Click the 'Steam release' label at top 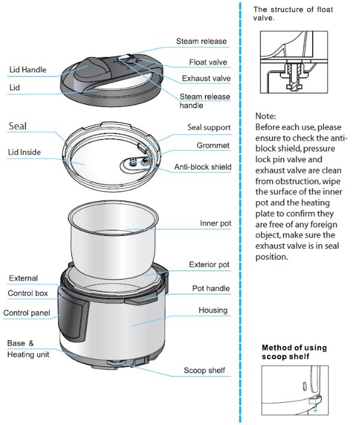coord(201,41)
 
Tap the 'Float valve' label coord(208,62)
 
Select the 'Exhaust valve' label coord(207,78)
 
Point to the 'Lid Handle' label coord(28,70)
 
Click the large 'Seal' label coord(18,126)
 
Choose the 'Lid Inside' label coord(25,153)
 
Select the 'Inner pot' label coord(215,223)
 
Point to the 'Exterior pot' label coord(210,264)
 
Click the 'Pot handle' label coord(211,288)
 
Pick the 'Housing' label coord(213,310)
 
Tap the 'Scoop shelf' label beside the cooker coord(204,371)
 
